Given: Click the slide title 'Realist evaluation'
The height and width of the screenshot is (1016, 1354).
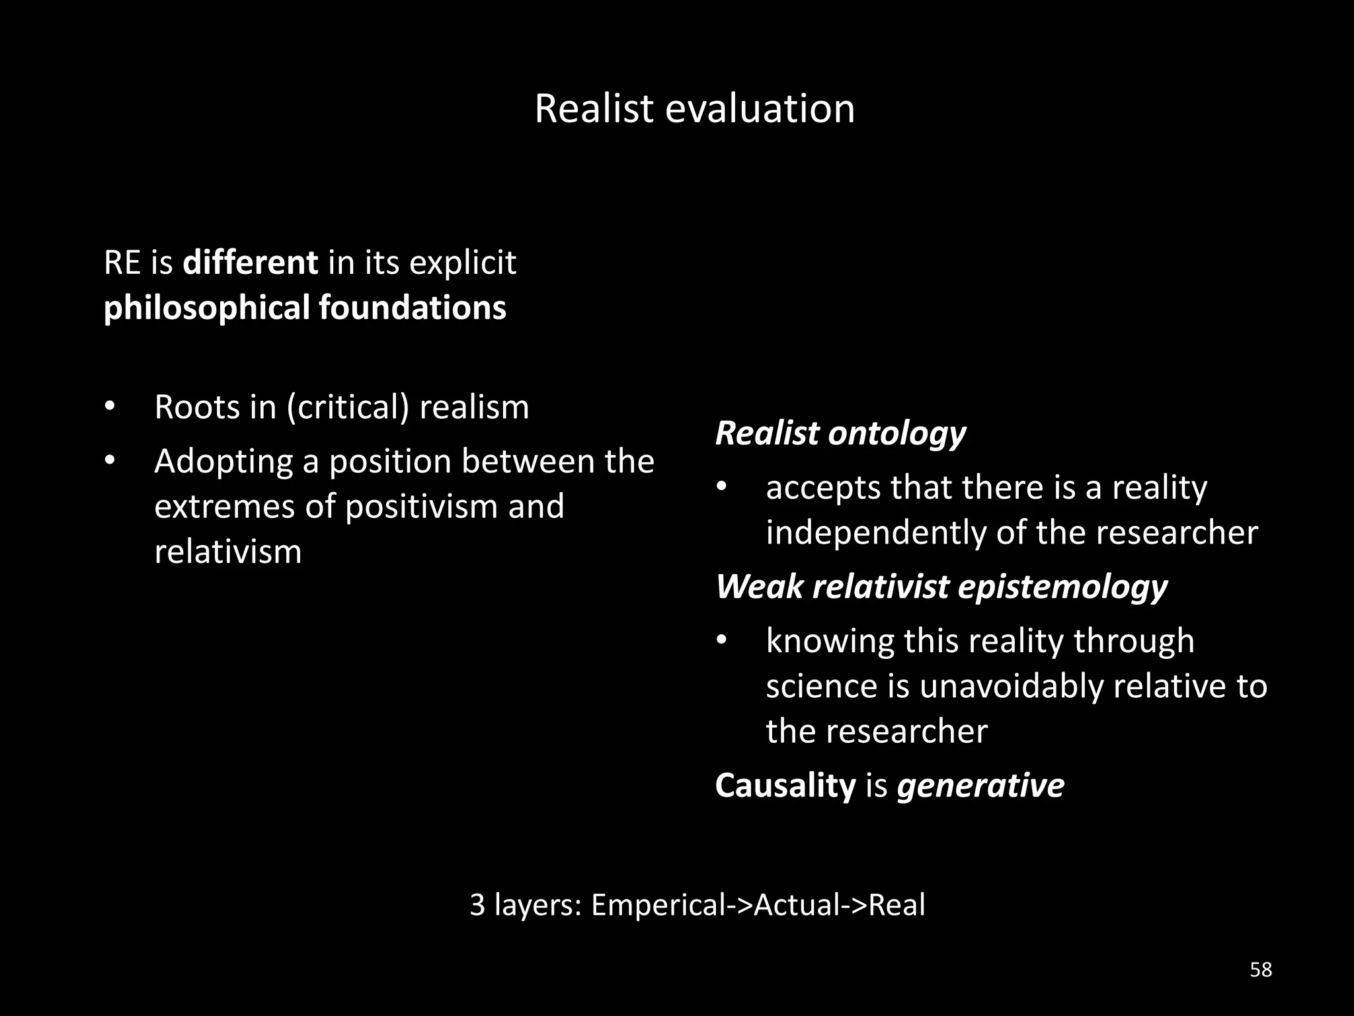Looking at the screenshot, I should coord(694,108).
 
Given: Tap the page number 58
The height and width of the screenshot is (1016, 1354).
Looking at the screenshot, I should coord(1261,970).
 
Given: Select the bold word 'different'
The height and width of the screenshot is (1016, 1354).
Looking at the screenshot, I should coord(250,263).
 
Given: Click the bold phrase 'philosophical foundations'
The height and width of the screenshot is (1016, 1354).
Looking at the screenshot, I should coord(305,308).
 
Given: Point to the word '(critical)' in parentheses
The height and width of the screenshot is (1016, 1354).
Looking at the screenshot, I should coord(348,407).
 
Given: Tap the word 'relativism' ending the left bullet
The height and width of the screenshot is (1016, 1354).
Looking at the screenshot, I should coord(227,552).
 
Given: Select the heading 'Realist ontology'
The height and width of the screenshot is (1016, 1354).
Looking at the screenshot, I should coord(840,433).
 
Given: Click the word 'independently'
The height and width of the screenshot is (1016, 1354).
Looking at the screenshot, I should coord(876,533).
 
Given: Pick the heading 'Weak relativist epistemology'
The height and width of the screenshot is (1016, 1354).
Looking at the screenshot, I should coord(941,587).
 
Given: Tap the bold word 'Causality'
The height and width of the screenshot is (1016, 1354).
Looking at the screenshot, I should coord(785,786).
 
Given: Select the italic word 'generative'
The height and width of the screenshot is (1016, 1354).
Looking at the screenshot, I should coord(980,786).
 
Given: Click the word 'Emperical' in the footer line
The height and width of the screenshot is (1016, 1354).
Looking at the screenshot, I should coord(658,905).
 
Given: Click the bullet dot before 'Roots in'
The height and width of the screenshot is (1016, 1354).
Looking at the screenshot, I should coord(110,405).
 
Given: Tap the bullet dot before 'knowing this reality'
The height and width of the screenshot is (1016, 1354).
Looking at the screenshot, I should coord(721,640).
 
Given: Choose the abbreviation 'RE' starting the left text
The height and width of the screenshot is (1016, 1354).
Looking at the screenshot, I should coord(122,263).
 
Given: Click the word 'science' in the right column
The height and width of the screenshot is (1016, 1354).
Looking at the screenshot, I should coord(821,686).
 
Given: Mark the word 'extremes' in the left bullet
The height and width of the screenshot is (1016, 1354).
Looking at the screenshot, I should coord(224,507).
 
